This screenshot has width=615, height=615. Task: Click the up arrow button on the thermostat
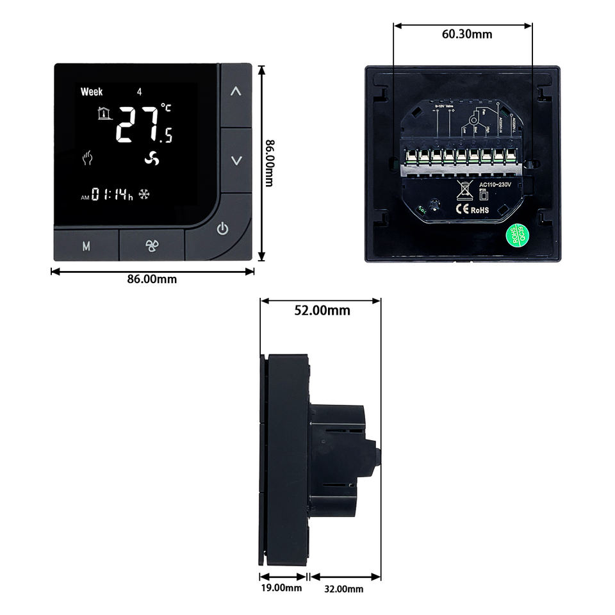point(236,92)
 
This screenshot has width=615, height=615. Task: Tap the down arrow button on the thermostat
point(236,160)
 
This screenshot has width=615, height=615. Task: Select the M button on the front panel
point(86,246)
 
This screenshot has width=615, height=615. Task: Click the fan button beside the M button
point(152,246)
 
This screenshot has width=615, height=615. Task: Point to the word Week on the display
point(92,92)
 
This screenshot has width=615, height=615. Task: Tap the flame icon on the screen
point(87,158)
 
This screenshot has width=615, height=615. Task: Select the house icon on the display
point(102,114)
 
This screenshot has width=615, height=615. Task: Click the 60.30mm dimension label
point(467,34)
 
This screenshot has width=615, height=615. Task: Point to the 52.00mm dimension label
point(322,311)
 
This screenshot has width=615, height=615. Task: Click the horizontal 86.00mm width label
point(152,279)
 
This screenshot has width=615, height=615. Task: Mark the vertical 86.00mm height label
point(270,163)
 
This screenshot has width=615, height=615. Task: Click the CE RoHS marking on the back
point(472,208)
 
